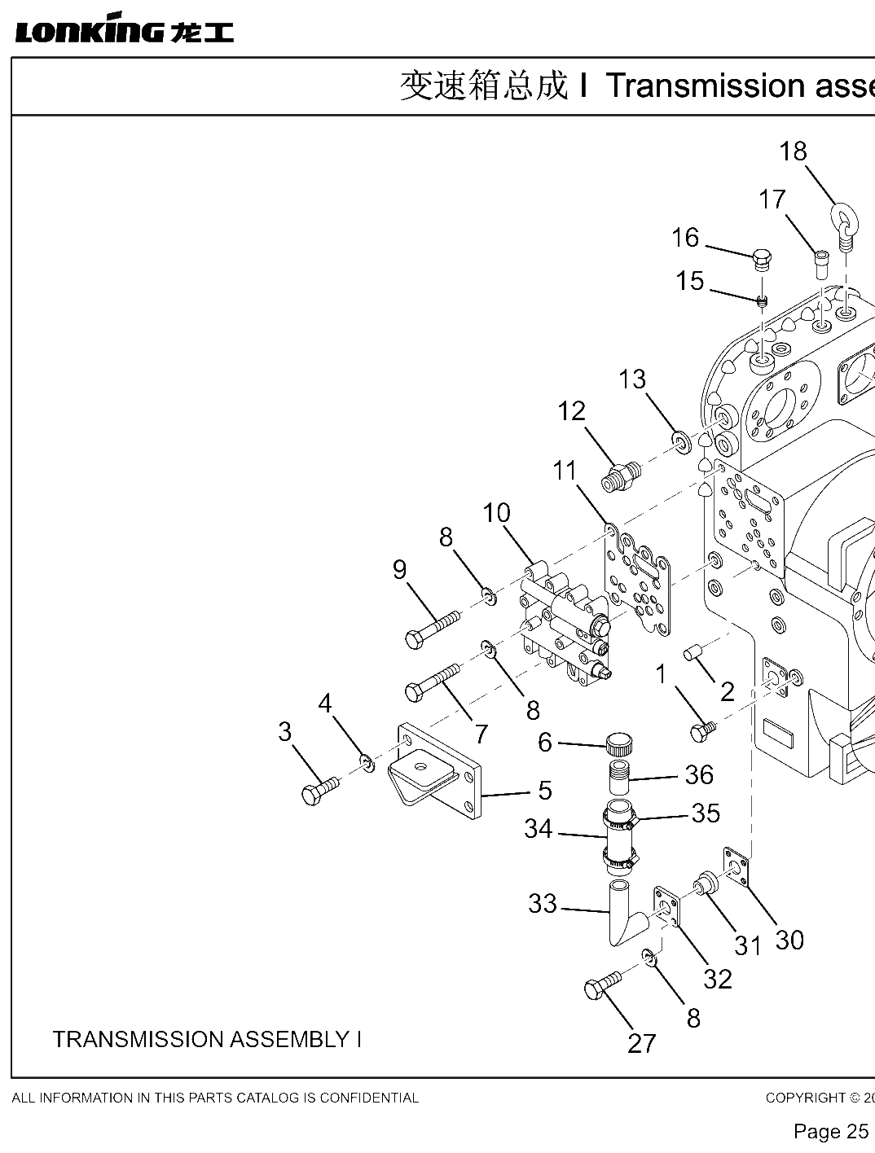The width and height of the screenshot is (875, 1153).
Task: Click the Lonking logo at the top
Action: (124, 28)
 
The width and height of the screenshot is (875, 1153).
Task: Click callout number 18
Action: (793, 151)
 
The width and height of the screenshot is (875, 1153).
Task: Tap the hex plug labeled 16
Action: (762, 260)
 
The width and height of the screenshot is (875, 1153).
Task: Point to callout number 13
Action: (631, 379)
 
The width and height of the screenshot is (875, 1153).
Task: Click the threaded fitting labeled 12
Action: (620, 476)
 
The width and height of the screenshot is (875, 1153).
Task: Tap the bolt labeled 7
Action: (433, 683)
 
